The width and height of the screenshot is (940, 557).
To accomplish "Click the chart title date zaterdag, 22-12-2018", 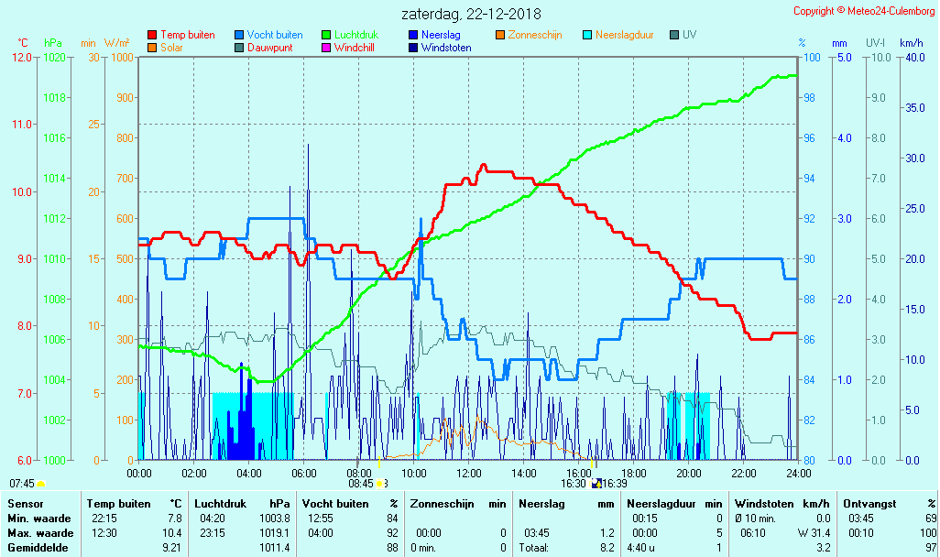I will pyautogui.click(x=471, y=15).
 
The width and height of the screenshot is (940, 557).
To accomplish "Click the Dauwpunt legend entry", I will pyautogui.click(x=269, y=48).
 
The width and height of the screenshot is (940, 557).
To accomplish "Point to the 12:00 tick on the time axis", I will pyautogui.click(x=469, y=473).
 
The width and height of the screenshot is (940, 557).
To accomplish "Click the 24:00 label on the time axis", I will pyautogui.click(x=798, y=473).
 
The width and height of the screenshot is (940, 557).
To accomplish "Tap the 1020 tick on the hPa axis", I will pyautogui.click(x=54, y=57).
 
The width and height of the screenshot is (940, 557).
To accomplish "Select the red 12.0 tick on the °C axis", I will pyautogui.click(x=22, y=57).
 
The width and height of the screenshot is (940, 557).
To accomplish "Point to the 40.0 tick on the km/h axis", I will pyautogui.click(x=912, y=57).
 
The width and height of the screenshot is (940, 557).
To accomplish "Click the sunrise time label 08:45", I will pyautogui.click(x=361, y=483).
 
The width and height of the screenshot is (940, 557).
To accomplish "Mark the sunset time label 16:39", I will pyautogui.click(x=615, y=483).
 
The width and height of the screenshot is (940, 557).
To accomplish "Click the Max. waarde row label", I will pyautogui.click(x=40, y=532).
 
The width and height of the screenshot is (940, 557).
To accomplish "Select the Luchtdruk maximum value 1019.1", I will pyautogui.click(x=275, y=532).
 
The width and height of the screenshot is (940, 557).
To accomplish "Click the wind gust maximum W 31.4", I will pyautogui.click(x=814, y=532).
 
